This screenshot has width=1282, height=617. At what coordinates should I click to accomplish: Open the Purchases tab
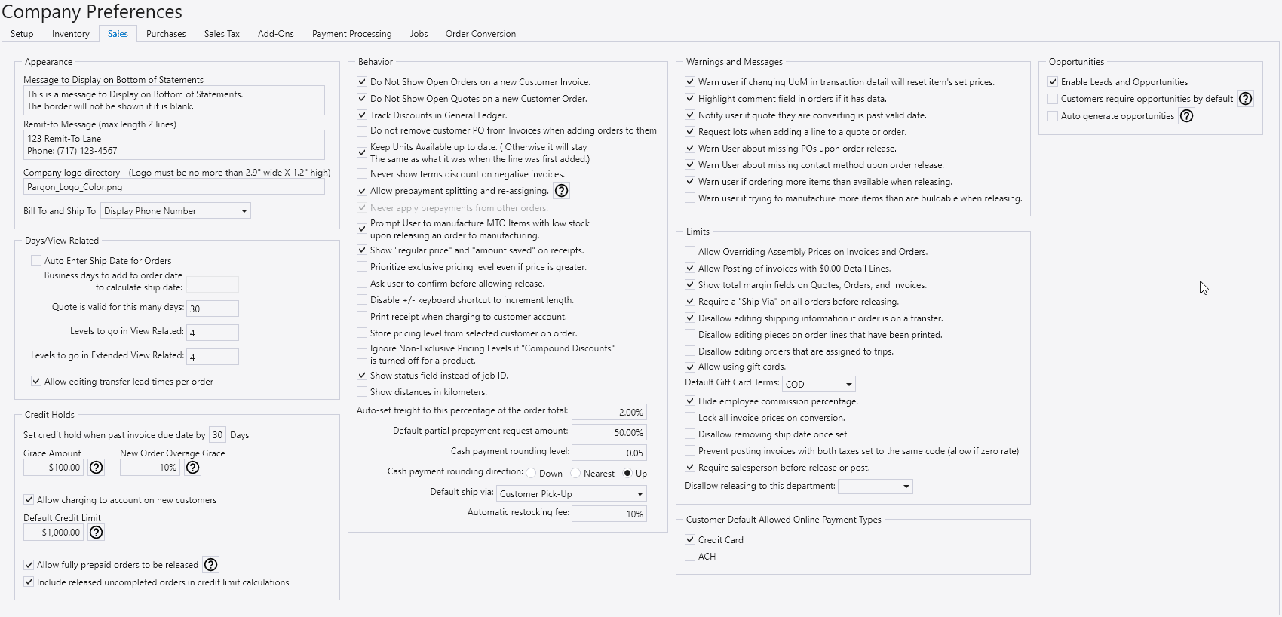tap(166, 34)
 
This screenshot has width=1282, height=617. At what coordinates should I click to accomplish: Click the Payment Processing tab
tap(351, 34)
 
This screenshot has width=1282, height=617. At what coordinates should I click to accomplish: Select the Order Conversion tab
tap(480, 34)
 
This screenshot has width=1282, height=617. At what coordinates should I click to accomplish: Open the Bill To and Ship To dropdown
tap(176, 211)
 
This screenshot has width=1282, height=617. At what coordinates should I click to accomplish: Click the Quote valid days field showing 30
tap(213, 308)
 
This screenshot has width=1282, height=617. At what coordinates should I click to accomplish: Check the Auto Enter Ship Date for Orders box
tap(36, 261)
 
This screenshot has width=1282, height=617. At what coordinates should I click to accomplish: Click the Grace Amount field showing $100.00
tap(54, 468)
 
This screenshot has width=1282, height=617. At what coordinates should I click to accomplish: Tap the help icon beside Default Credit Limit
tap(97, 533)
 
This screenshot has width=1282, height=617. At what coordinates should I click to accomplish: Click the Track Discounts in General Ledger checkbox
tap(362, 115)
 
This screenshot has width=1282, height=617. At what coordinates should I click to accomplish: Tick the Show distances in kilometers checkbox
tap(362, 392)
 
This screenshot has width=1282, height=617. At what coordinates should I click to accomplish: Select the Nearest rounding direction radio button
tap(576, 474)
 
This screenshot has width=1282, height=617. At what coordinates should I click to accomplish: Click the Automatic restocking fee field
tap(609, 514)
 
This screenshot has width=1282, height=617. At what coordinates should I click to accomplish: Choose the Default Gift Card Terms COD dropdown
tap(819, 384)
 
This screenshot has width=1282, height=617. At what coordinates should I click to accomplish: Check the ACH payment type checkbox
tap(690, 557)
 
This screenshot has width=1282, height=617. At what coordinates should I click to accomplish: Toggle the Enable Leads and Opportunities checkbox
tap(1053, 82)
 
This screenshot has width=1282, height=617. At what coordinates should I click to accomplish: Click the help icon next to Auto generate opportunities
tap(1187, 116)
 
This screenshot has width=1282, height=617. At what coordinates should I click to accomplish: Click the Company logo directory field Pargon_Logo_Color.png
tap(174, 187)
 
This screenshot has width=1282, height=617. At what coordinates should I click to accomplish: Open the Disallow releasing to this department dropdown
tap(875, 487)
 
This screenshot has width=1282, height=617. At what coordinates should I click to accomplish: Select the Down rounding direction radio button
tap(532, 474)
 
